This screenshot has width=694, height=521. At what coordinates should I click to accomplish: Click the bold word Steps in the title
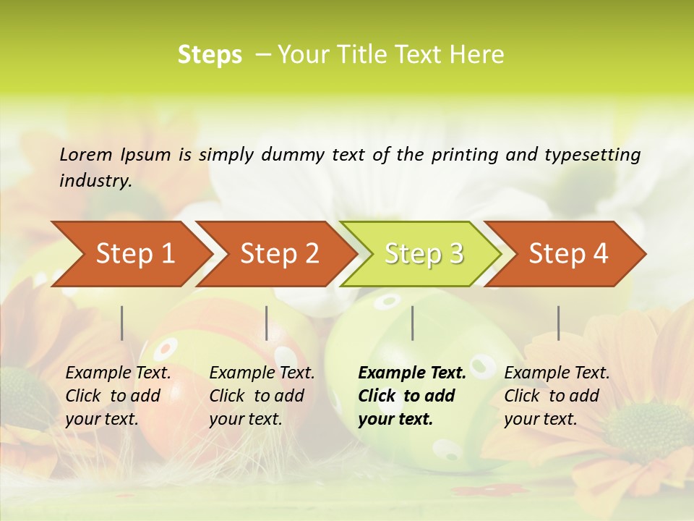click(210, 55)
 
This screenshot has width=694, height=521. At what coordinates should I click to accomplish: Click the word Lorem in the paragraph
click(86, 154)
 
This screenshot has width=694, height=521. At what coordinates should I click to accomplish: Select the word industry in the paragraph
click(95, 181)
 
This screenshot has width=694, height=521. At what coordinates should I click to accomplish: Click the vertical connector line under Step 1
click(122, 323)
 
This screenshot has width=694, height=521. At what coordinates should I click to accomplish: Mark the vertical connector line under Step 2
click(267, 323)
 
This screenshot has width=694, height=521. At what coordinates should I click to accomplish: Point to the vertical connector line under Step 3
click(413, 323)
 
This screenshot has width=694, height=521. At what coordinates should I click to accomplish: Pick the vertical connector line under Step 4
click(559, 323)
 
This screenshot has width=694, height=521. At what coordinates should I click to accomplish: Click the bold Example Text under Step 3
click(412, 373)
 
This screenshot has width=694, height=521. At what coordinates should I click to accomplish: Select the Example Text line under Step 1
click(118, 373)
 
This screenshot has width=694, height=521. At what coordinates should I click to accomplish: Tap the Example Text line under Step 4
click(557, 373)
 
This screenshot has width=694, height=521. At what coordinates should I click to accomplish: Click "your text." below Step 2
click(246, 419)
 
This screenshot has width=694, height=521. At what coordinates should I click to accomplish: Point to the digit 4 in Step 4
click(600, 254)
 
